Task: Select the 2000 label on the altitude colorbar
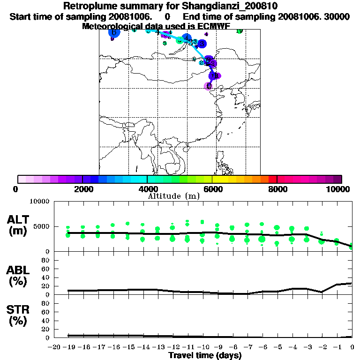(82, 189)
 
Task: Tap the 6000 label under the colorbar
(212, 189)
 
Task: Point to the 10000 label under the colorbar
(338, 189)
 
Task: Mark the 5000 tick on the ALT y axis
(41, 226)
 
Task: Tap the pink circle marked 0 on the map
(209, 86)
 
